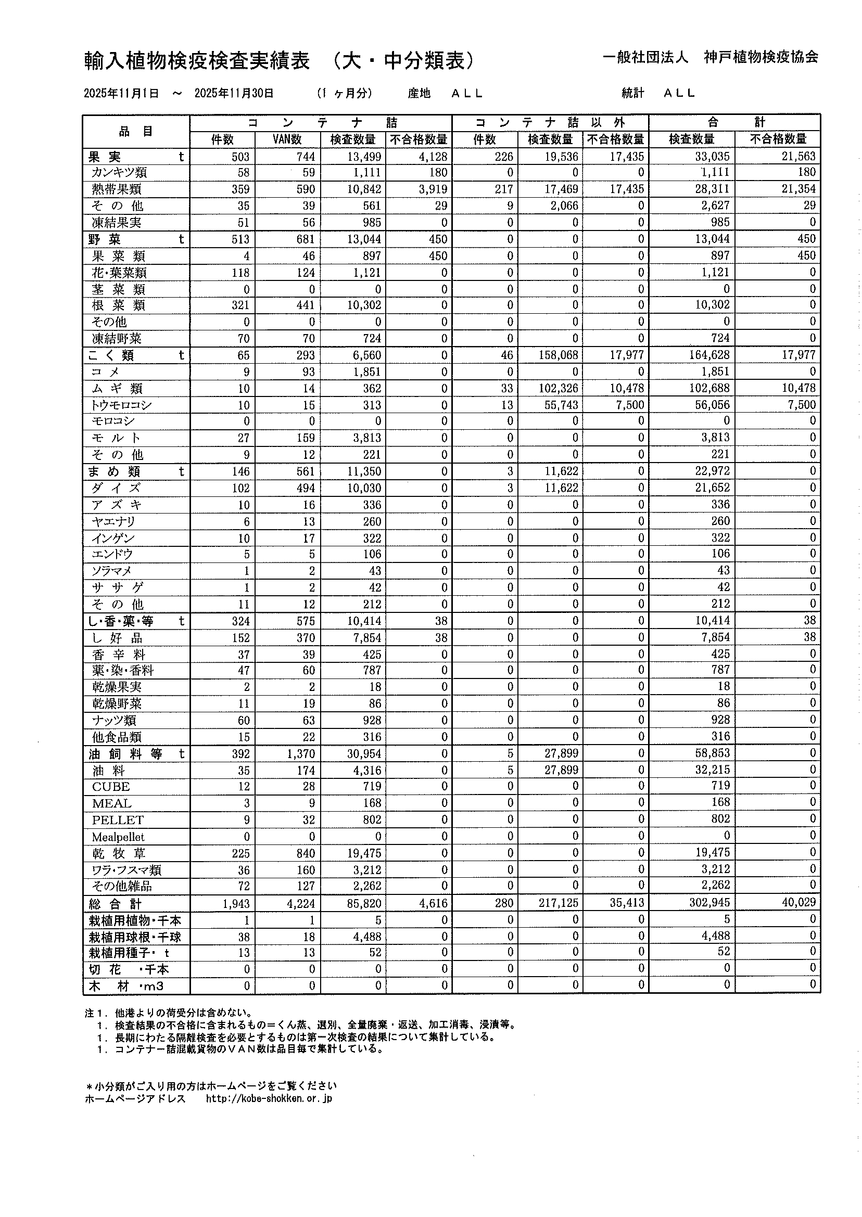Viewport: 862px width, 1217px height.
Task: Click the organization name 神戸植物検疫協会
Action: tap(760, 57)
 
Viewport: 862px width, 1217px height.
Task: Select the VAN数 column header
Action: tap(287, 139)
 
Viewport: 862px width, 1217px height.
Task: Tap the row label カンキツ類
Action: tap(119, 172)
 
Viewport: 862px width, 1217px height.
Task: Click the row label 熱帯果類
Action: tap(116, 189)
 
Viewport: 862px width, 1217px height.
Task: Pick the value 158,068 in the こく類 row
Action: tap(557, 355)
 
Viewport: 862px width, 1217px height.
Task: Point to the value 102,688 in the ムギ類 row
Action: tap(709, 388)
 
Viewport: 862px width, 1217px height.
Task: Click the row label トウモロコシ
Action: tap(122, 405)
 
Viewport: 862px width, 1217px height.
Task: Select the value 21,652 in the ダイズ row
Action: tap(712, 488)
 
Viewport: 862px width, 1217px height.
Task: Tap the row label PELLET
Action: tap(117, 819)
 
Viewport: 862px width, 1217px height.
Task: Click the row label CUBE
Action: tap(110, 787)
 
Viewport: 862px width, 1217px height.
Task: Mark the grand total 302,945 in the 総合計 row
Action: tap(709, 902)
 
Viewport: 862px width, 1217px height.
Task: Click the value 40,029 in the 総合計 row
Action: tap(798, 902)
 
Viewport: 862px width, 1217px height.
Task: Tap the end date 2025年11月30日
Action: tap(234, 93)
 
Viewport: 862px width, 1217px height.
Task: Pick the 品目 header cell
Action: tap(136, 131)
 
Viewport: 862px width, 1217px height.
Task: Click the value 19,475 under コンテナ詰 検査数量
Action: tap(363, 853)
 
